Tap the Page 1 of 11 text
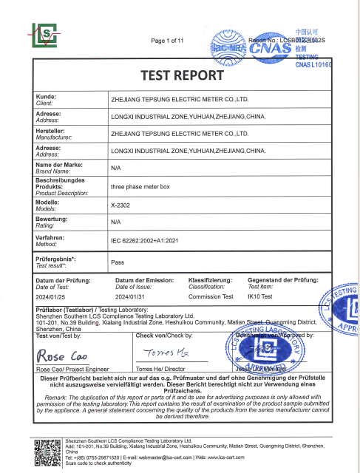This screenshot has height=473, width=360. [x=171, y=40]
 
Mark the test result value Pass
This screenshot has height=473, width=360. [x=118, y=262]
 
